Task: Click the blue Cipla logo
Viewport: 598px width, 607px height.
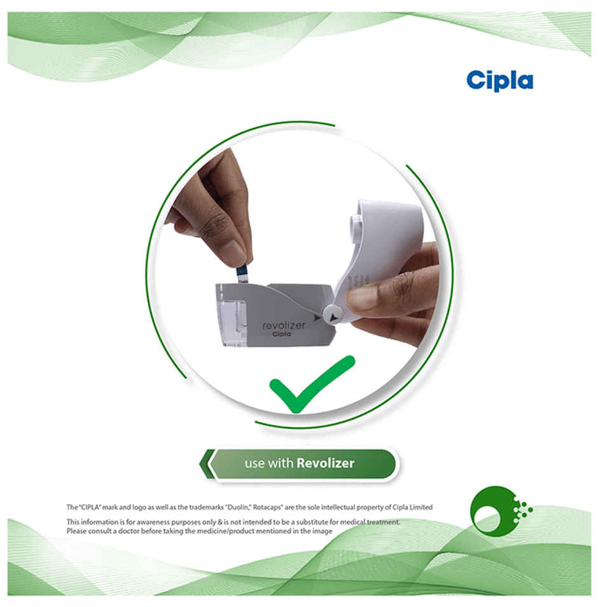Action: pos(499,81)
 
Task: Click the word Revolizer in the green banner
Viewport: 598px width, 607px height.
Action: pos(326,463)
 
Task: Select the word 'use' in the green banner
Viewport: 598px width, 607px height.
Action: pos(254,463)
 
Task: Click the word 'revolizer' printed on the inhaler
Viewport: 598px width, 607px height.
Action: pos(284,325)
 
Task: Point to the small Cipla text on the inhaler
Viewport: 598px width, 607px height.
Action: pos(282,333)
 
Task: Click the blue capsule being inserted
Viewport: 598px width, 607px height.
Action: pos(242,274)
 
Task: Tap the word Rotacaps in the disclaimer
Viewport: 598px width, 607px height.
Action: pos(268,507)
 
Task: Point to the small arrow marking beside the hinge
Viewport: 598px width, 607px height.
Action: pos(317,318)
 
